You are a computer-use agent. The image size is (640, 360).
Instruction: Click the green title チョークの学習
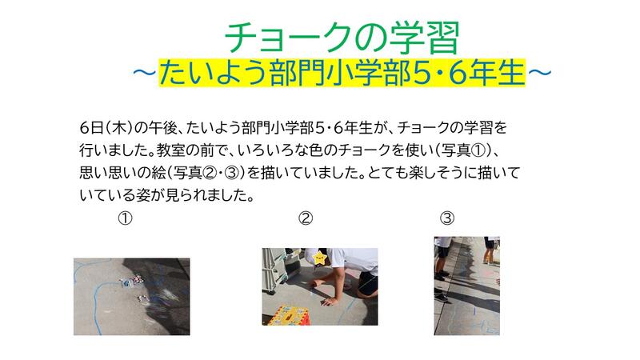[x=342, y=38]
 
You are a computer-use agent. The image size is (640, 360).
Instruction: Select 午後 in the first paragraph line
[x=162, y=128]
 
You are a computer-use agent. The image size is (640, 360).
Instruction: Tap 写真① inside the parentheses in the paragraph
[x=463, y=150]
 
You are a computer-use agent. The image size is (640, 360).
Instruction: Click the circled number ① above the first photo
[x=126, y=218]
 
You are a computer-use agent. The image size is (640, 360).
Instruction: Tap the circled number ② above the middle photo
[x=306, y=218]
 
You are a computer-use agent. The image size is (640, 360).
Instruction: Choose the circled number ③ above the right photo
[x=447, y=218]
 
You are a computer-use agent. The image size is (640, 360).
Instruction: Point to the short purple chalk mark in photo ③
[x=474, y=311]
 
